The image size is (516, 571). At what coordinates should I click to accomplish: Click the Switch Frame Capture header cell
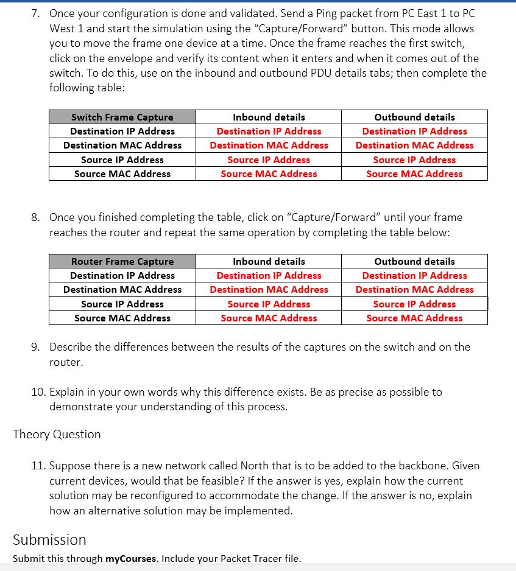coord(122,117)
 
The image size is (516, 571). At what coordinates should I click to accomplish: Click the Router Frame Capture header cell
coord(122,261)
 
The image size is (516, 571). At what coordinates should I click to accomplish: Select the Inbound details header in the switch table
coord(269,117)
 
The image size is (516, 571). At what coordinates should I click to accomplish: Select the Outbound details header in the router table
coord(414,261)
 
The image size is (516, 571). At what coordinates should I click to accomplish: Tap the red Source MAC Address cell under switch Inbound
coord(269,173)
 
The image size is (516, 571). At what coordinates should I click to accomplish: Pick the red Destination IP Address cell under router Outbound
coord(414,275)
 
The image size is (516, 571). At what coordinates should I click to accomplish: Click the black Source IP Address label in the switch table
coord(122,159)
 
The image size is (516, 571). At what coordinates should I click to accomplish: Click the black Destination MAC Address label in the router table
coord(122,289)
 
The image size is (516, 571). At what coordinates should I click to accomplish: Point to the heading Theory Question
coord(57,434)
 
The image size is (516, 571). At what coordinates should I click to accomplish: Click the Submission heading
coord(49,539)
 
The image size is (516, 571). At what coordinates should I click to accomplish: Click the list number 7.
coord(35,13)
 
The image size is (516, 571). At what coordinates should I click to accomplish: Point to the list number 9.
coord(35,347)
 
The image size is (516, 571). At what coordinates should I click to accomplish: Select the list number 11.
coord(38,466)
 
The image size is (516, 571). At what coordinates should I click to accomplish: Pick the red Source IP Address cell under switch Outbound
coord(414,159)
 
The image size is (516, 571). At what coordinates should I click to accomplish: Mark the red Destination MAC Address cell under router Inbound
coord(269,289)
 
